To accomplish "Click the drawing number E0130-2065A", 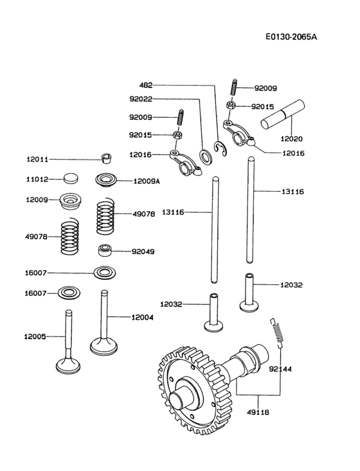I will click(x=291, y=37).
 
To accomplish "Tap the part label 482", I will click(x=147, y=84).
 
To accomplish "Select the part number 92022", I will click(x=141, y=99).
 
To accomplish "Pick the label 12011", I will click(x=37, y=159).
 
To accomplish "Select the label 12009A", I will click(x=147, y=181).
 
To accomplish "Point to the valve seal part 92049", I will click(x=105, y=250).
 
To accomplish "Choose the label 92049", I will click(x=143, y=252).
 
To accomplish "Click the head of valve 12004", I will click(x=104, y=346).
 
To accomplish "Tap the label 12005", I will click(x=36, y=337).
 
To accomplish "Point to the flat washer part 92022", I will click(x=207, y=155).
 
